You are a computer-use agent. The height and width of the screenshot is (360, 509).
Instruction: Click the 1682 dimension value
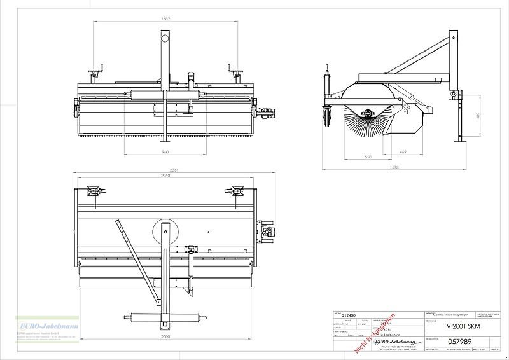[165, 19]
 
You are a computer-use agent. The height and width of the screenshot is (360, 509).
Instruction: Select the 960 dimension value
[165, 153]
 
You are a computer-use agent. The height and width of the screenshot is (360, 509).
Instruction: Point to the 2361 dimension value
[165, 170]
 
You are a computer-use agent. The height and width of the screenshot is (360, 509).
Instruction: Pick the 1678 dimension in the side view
[396, 167]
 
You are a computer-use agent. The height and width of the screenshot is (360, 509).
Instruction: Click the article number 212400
[349, 315]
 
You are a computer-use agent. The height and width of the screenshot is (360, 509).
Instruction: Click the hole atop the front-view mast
[165, 39]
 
